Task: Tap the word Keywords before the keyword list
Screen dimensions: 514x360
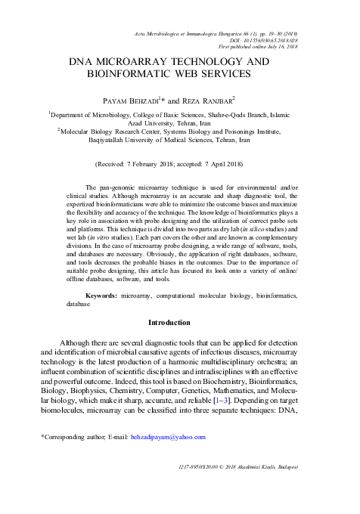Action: pos(101,296)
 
